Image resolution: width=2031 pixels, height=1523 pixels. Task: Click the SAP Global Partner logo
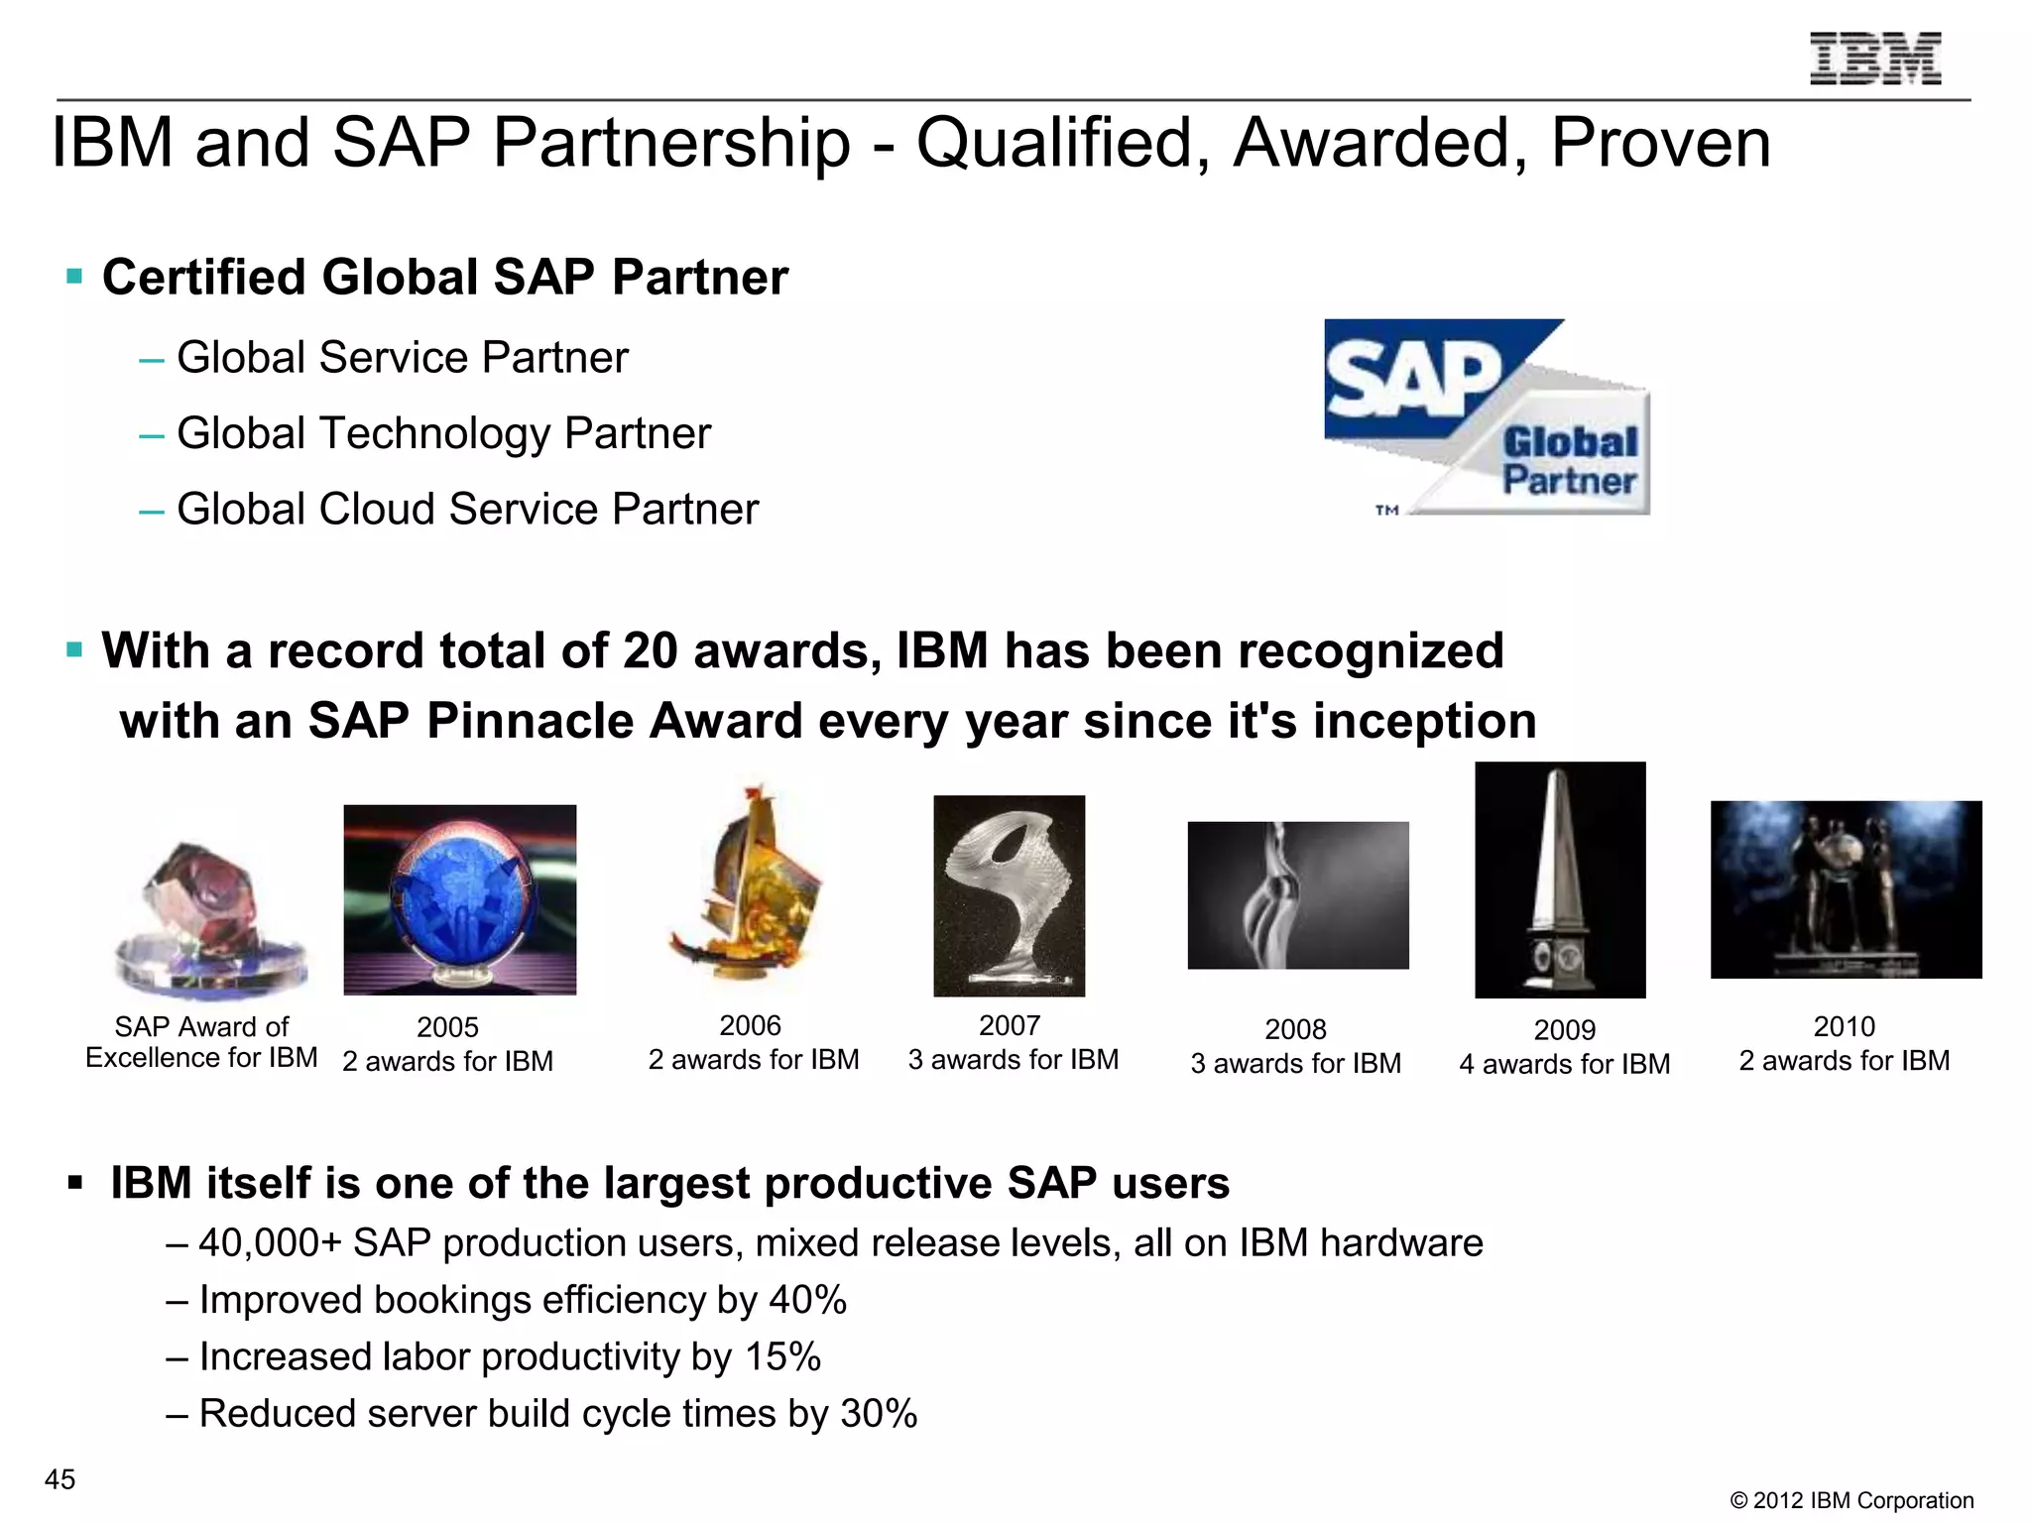[1487, 416]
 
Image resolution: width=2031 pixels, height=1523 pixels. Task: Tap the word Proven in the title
[1660, 144]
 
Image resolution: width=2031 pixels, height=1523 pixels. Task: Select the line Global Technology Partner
[443, 433]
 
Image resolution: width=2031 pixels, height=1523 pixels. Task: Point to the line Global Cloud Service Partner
[467, 510]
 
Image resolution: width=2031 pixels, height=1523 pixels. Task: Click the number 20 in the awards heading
[650, 651]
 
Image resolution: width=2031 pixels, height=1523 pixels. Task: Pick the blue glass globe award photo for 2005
[459, 899]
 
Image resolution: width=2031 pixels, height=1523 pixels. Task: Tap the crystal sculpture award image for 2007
[1009, 895]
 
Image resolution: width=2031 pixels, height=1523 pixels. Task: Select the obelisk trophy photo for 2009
[1560, 879]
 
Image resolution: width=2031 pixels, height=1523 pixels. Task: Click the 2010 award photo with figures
[1846, 889]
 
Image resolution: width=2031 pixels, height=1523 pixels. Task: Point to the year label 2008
[1295, 1030]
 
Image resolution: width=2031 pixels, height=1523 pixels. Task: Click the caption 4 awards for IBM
[1564, 1065]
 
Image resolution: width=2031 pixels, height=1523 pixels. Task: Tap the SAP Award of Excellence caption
[201, 1042]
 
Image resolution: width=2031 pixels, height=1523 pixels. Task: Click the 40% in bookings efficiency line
[807, 1300]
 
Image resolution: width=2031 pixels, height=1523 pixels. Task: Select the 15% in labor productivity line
[782, 1356]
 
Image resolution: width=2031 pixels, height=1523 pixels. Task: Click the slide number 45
[60, 1479]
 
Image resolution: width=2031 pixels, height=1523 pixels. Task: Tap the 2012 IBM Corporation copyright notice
[1852, 1500]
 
